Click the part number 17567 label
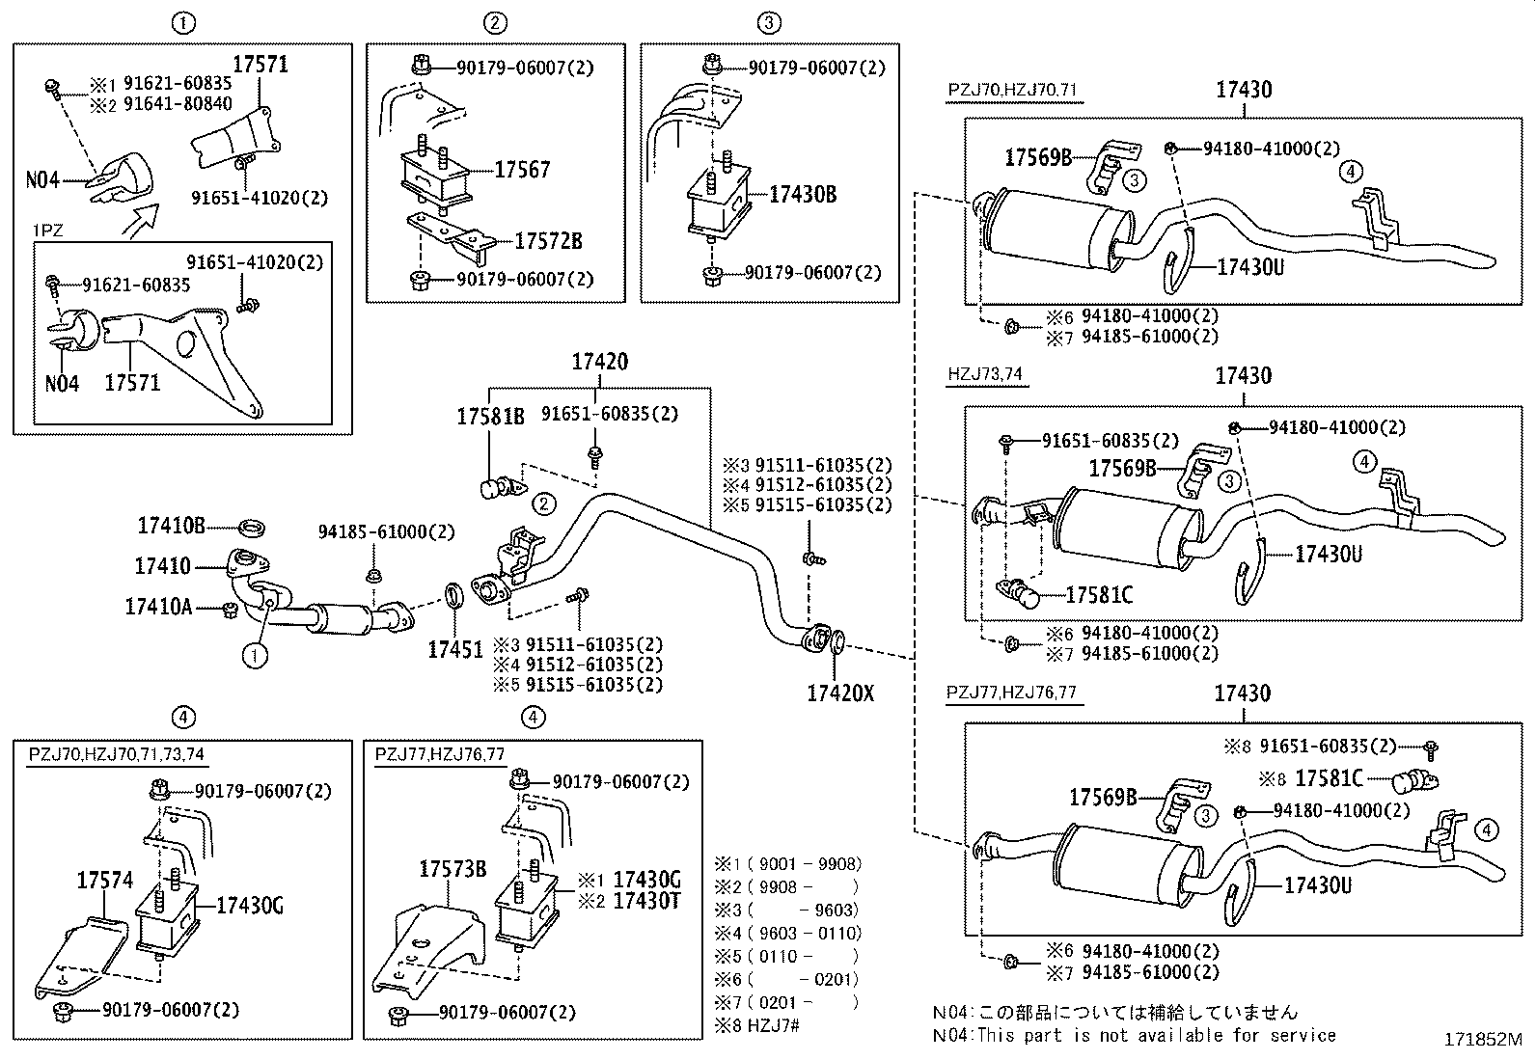[522, 170]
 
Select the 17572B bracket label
[548, 241]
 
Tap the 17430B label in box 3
[802, 194]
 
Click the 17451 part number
[455, 649]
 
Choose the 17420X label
[839, 693]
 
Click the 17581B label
[490, 416]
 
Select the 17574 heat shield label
[104, 880]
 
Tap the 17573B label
[452, 868]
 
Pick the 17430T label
[647, 900]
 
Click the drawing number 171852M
[1482, 1041]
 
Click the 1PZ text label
[47, 232]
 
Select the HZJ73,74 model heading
[984, 374]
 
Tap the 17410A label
[158, 607]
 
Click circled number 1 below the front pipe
[254, 657]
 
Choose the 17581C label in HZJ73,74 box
[1099, 595]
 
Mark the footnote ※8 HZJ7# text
[757, 1025]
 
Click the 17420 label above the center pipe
[599, 363]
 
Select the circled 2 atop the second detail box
[494, 22]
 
